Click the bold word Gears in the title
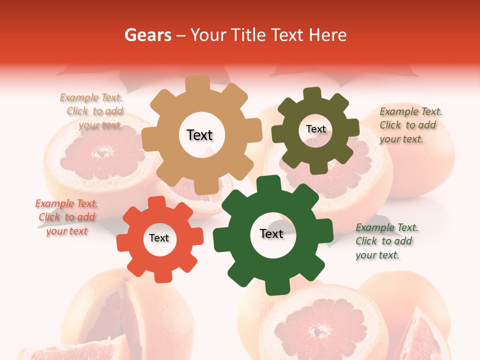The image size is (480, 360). click(147, 35)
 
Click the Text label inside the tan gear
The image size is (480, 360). click(199, 135)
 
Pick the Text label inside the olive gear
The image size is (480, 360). click(315, 129)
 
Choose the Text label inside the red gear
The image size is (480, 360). click(159, 238)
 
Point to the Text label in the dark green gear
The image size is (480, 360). click(271, 233)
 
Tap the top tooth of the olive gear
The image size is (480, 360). click(312, 93)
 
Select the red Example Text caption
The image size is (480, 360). click(66, 217)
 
